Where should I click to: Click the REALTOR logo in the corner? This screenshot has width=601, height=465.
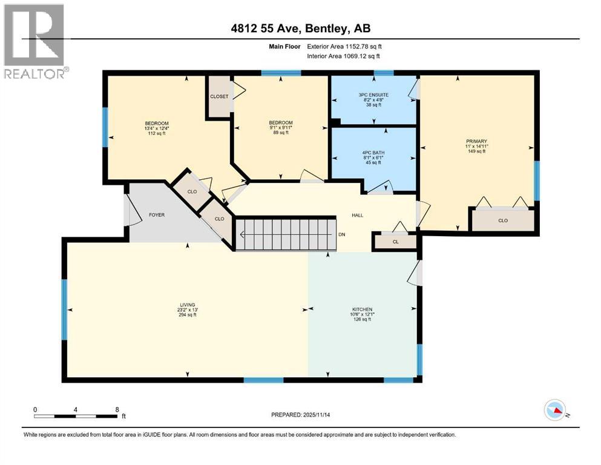pos(34,41)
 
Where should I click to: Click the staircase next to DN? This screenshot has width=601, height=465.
pos(285,234)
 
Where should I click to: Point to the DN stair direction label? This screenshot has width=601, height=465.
pos(342,234)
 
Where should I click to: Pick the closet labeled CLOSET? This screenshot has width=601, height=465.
pos(219,96)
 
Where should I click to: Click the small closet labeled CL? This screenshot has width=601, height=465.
pos(395,241)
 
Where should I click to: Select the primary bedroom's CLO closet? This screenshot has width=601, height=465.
pos(502,220)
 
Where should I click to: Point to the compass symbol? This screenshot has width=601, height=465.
pos(555,411)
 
